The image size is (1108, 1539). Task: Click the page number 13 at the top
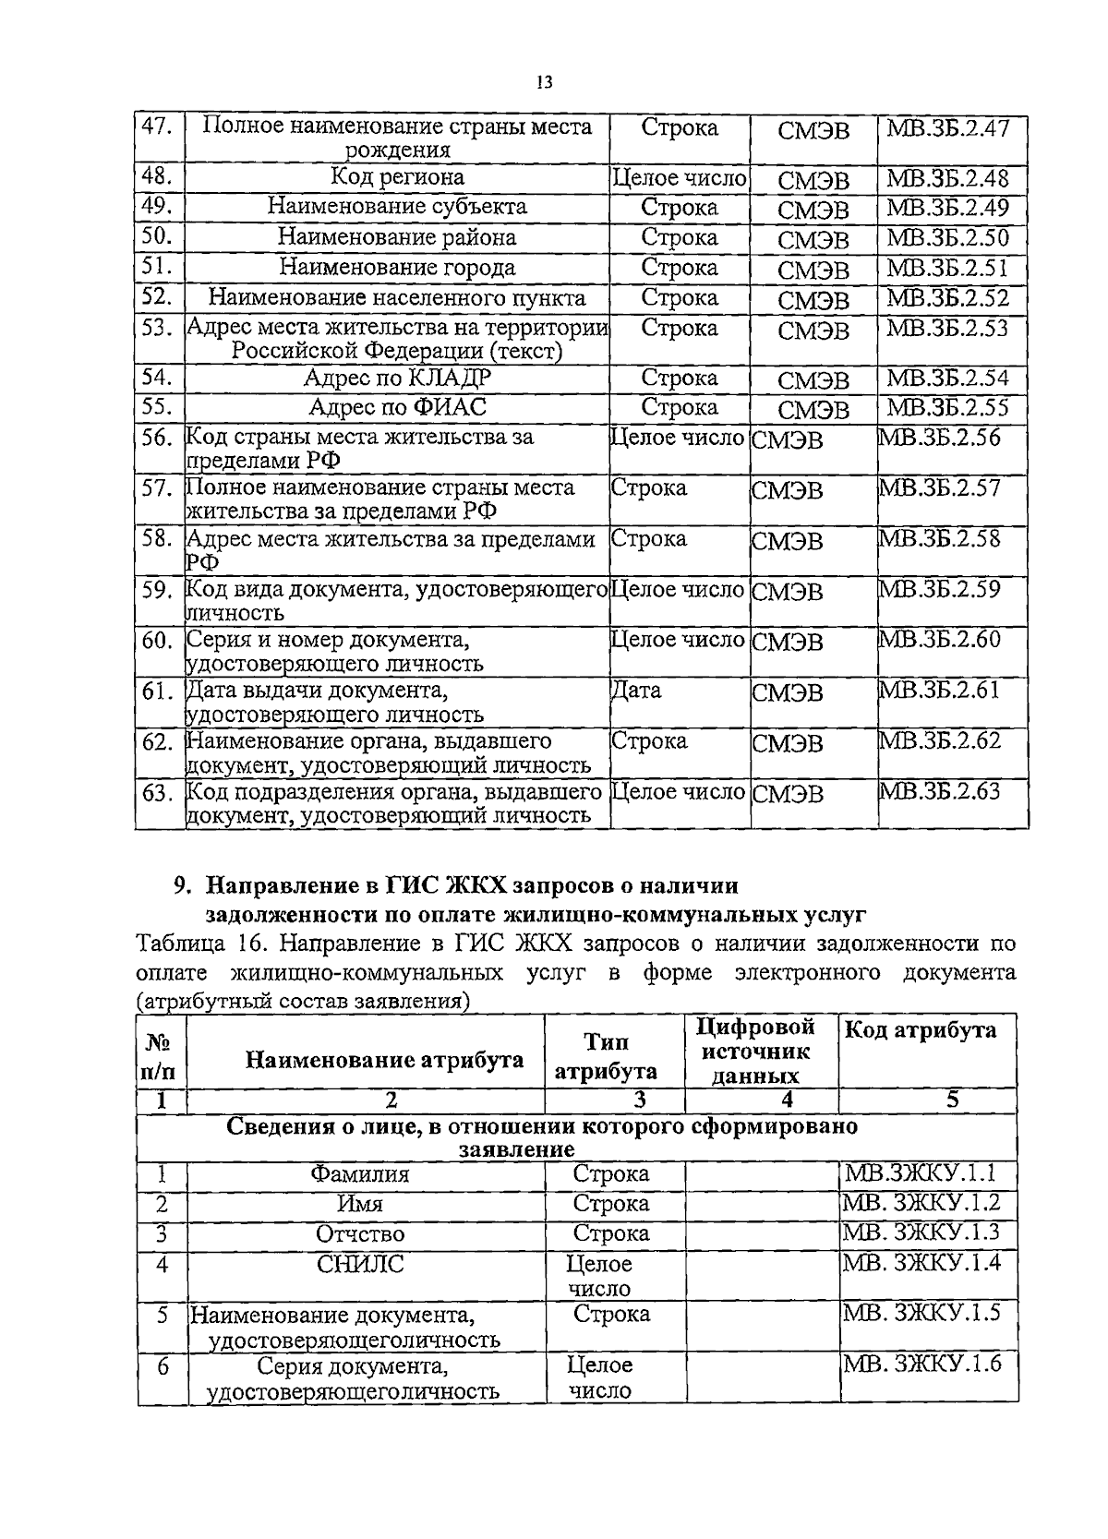pyautogui.click(x=543, y=83)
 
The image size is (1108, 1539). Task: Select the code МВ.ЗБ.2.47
pyautogui.click(x=947, y=126)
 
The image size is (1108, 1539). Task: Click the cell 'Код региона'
pyautogui.click(x=397, y=176)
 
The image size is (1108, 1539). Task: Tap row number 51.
pyautogui.click(x=159, y=267)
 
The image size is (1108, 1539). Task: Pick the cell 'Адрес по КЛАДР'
pyautogui.click(x=397, y=378)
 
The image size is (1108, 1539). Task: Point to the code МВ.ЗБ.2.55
pyautogui.click(x=947, y=407)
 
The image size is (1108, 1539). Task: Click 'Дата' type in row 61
pyautogui.click(x=636, y=690)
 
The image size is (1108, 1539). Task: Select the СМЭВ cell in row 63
pyautogui.click(x=787, y=794)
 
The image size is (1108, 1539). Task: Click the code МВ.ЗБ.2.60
pyautogui.click(x=939, y=639)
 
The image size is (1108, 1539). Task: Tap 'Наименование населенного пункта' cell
pyautogui.click(x=397, y=297)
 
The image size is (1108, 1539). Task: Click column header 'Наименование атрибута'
pyautogui.click(x=384, y=1060)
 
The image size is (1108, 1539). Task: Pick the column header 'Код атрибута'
pyautogui.click(x=921, y=1030)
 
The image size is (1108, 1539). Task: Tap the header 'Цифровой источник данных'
pyautogui.click(x=756, y=1052)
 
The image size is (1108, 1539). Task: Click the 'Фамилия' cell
pyautogui.click(x=359, y=1174)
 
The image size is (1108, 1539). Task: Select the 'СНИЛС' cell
pyautogui.click(x=360, y=1264)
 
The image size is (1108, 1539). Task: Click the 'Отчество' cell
pyautogui.click(x=360, y=1234)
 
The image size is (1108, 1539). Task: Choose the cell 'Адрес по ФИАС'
pyautogui.click(x=397, y=407)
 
